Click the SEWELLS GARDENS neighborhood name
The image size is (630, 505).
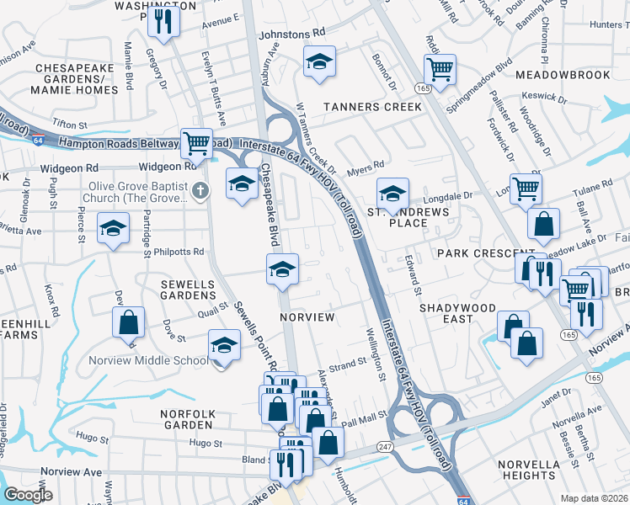point(188,290)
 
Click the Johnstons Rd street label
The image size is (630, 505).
point(291,34)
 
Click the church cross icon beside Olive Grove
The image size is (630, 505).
point(200,189)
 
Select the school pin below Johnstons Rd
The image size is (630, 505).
point(319,61)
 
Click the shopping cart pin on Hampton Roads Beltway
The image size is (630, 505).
point(196,142)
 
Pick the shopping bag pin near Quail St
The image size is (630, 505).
point(128,322)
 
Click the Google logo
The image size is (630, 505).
point(28,495)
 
